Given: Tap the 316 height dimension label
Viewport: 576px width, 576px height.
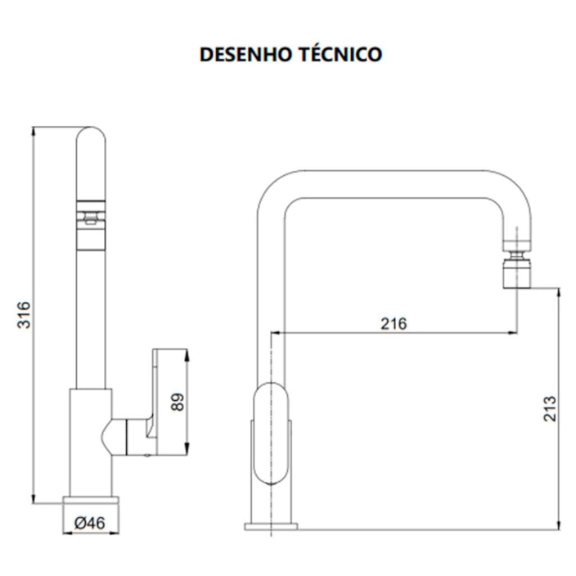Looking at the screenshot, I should click(24, 315).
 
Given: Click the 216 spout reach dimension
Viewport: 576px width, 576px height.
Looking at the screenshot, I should click(394, 323).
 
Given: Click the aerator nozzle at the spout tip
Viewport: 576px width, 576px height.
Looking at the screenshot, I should click(518, 270).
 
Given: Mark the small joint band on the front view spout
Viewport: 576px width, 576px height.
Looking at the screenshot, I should click(91, 218).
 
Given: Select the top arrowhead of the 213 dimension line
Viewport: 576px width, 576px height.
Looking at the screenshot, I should click(559, 291).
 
